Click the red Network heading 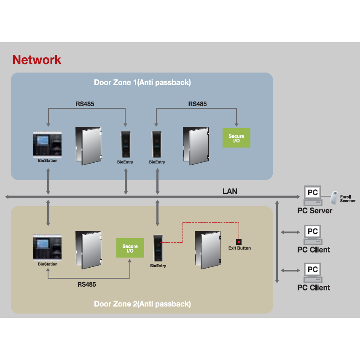click(x=37, y=60)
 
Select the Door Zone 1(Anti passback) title click(x=142, y=83)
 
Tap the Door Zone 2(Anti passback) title click(x=142, y=304)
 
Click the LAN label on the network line click(x=230, y=191)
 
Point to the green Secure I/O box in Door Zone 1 click(x=236, y=137)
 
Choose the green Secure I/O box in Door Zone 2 click(x=130, y=248)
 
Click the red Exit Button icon click(x=239, y=242)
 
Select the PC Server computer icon click(x=312, y=194)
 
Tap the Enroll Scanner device click(x=335, y=196)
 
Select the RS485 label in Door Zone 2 click(x=86, y=285)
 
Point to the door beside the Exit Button click(x=207, y=249)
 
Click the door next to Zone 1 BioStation click(x=89, y=145)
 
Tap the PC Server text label click(x=314, y=211)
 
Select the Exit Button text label click(x=239, y=248)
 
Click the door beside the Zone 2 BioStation click(x=89, y=250)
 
